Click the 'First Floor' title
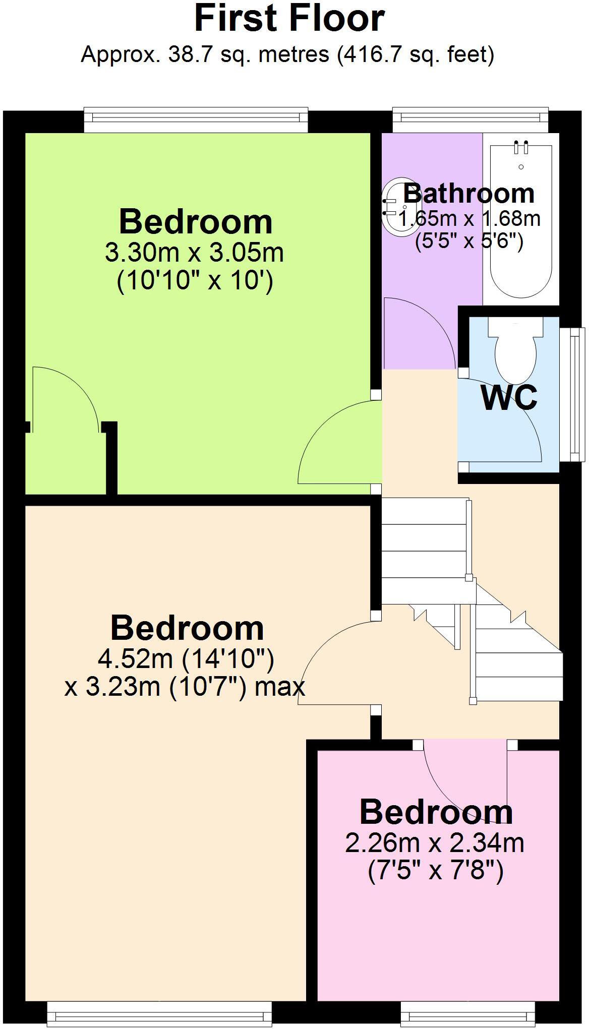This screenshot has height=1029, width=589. pyautogui.click(x=289, y=19)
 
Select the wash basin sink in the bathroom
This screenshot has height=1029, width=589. pyautogui.click(x=398, y=206)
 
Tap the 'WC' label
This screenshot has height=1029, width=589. pyautogui.click(x=509, y=398)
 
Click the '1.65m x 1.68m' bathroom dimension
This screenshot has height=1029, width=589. pyautogui.click(x=469, y=219)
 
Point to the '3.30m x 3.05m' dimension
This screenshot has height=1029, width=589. pyautogui.click(x=195, y=252)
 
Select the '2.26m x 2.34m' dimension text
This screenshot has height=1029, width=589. pyautogui.click(x=434, y=842)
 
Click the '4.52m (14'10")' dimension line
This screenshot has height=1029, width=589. pyautogui.click(x=186, y=658)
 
